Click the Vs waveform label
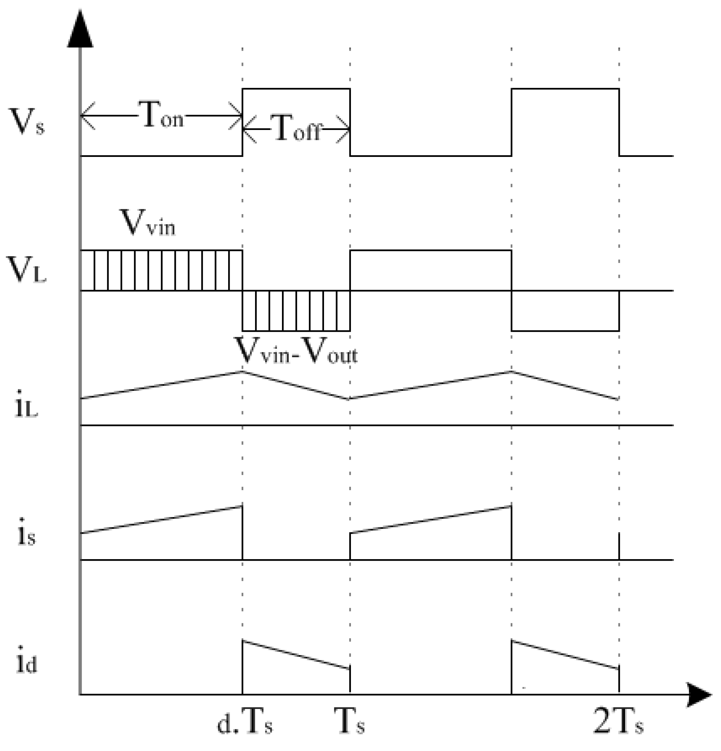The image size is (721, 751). (x=26, y=122)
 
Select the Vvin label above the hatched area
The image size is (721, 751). (x=148, y=223)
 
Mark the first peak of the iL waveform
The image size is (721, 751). (x=242, y=371)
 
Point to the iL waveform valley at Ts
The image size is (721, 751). (x=349, y=399)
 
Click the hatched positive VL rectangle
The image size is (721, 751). (x=161, y=270)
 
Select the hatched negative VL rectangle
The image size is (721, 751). (x=296, y=310)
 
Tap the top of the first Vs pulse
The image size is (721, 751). (x=296, y=89)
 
